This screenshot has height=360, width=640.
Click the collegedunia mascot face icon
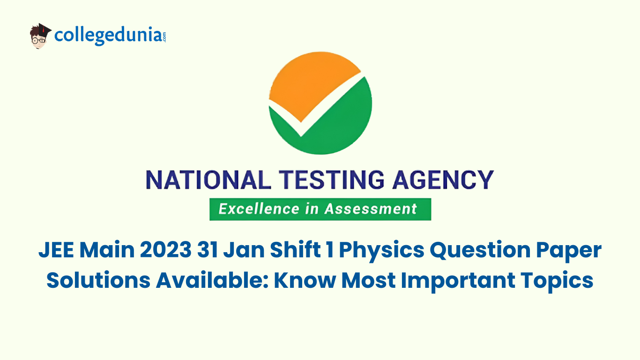(x=40, y=36)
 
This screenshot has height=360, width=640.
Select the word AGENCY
(x=446, y=180)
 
